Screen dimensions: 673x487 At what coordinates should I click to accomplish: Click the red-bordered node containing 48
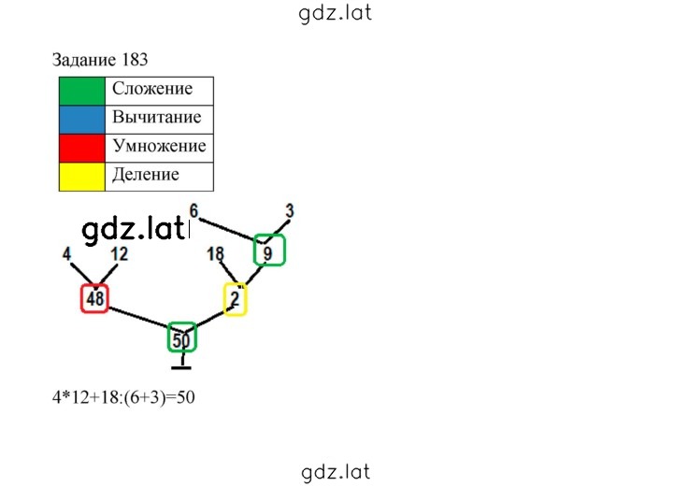[94, 298]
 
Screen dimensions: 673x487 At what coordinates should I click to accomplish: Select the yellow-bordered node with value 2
[236, 299]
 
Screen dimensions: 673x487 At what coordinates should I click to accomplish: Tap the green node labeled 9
[269, 250]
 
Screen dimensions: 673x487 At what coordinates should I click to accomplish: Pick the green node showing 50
[182, 337]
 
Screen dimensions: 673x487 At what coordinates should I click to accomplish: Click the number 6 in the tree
[194, 211]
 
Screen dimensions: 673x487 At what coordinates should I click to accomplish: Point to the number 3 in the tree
[290, 211]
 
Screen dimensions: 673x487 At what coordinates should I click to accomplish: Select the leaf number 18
[216, 254]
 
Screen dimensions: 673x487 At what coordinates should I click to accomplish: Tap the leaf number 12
[120, 254]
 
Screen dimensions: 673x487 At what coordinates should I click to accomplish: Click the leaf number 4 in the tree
[66, 254]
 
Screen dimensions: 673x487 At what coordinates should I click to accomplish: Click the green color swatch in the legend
[82, 91]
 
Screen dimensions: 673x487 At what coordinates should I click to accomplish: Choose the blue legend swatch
[82, 120]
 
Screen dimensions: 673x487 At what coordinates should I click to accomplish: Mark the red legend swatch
[82, 148]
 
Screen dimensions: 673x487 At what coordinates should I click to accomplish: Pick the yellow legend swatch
[82, 177]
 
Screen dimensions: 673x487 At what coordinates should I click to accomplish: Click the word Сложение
[152, 89]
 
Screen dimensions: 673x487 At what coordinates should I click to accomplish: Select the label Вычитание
[157, 117]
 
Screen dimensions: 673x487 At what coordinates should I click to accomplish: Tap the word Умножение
[159, 146]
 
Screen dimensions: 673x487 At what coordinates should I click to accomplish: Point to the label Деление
[146, 175]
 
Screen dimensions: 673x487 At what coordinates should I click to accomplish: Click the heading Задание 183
[100, 60]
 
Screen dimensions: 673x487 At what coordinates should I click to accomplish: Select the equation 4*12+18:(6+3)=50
[123, 397]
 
